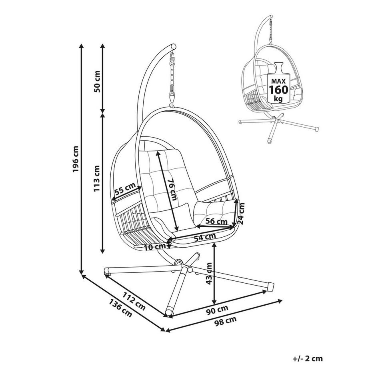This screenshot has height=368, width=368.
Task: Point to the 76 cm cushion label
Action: pos(172,189)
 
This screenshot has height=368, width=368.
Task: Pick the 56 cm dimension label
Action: pos(216,221)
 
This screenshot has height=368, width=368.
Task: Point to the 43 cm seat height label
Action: pos(208,274)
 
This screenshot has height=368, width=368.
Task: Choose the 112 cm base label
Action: pos(133,300)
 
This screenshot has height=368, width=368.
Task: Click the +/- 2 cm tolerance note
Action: pos(307,358)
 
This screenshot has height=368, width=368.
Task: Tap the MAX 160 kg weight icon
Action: pos(278,84)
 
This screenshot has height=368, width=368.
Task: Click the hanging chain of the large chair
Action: pos(173,80)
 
